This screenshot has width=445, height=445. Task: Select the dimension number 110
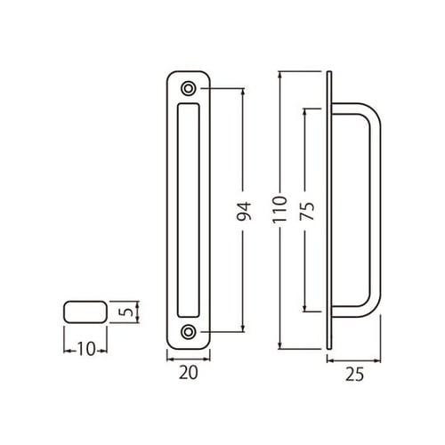tap(282, 210)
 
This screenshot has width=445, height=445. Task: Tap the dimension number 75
tap(305, 210)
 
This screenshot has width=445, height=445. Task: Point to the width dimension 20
tap(189, 374)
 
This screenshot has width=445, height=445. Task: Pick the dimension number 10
tap(85, 348)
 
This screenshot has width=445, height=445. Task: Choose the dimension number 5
tap(128, 313)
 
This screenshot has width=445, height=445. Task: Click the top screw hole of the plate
tap(189, 89)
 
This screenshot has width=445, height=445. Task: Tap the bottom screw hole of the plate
tap(189, 332)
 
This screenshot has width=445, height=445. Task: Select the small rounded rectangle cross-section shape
tap(85, 313)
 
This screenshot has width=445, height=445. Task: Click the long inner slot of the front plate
tap(189, 210)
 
